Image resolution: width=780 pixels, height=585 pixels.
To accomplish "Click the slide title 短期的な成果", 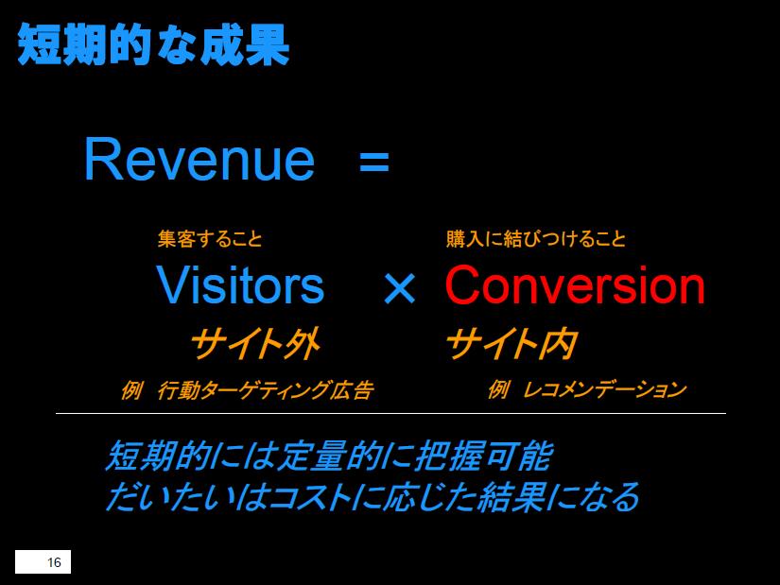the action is pos(153,44).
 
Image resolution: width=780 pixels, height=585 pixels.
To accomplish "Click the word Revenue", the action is pos(199,159).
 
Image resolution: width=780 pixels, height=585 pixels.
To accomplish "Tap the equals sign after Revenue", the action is pos(374,162).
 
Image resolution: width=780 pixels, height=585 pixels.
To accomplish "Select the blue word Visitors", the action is pos(240,285).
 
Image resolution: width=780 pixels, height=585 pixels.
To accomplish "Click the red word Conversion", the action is pos(576,284).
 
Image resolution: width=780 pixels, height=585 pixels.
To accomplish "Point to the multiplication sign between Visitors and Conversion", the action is pos(399,288).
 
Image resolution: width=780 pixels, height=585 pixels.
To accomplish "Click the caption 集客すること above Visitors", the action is pos(210,239).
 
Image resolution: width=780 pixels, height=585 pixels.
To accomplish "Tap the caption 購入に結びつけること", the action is pos(536,239).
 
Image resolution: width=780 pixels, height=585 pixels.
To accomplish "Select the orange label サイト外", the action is pos(255,344).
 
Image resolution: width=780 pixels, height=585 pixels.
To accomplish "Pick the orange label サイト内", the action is pos(511,344).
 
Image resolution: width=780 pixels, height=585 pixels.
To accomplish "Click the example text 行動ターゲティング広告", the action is pos(265,390).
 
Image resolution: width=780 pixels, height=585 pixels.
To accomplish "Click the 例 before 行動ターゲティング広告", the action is pos(131,390).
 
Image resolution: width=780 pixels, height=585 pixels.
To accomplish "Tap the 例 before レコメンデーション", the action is pos(498,389).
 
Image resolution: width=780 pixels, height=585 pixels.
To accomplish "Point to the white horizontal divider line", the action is pos(391,413).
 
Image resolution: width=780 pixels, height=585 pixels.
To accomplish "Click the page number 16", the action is pos(54,562).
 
